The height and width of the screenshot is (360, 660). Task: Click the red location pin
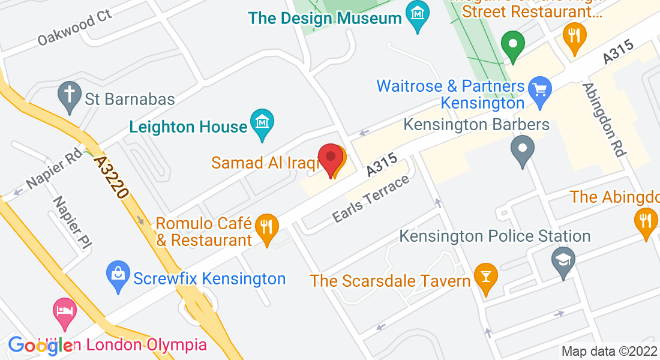tap(330, 158)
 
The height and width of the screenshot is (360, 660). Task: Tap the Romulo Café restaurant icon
tap(265, 227)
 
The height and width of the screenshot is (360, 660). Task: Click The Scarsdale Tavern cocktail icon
tap(485, 277)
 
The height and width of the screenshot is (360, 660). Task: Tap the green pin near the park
tap(513, 44)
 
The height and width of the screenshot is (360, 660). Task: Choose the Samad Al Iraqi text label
tap(263, 163)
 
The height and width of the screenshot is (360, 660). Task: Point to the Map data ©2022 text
tap(609, 351)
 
